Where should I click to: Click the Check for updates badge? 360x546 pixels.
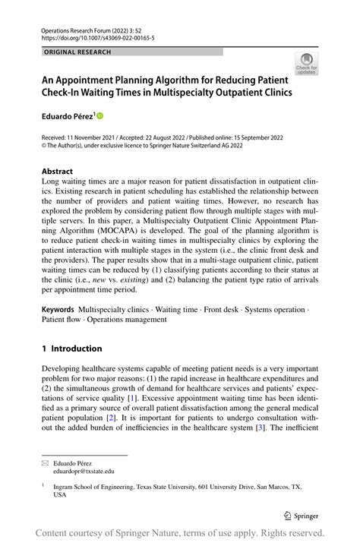tap(306, 63)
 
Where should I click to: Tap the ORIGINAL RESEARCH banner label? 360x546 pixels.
tap(77, 52)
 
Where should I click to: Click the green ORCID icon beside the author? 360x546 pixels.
tap(99, 115)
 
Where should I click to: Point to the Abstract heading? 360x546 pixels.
tap(58, 172)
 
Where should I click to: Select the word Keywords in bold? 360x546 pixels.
tap(58, 309)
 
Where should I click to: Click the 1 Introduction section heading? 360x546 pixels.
tap(72, 349)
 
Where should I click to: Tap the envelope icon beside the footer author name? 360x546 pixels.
tap(46, 462)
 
